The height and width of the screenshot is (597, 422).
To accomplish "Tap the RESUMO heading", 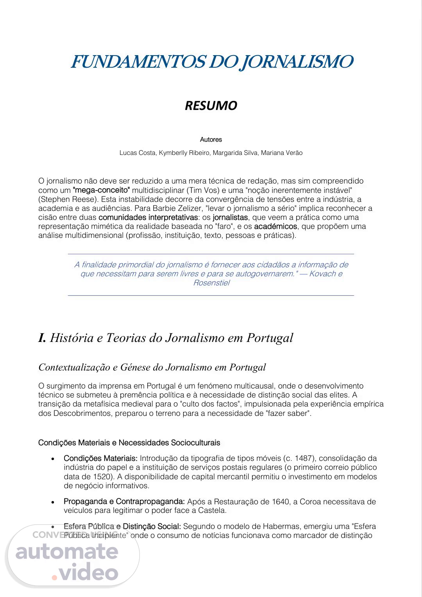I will (211, 106).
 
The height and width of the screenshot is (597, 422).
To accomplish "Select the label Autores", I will (211, 140).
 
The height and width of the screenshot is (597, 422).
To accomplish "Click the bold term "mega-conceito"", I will (101, 191).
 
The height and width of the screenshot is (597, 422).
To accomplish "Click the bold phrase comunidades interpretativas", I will (148, 218).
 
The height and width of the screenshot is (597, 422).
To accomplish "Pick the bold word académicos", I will (275, 227).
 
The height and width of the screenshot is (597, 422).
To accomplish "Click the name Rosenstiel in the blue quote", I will (211, 283).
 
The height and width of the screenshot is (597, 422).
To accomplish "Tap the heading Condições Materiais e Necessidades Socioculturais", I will (129, 443).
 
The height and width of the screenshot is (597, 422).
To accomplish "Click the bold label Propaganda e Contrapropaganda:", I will (124, 502).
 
